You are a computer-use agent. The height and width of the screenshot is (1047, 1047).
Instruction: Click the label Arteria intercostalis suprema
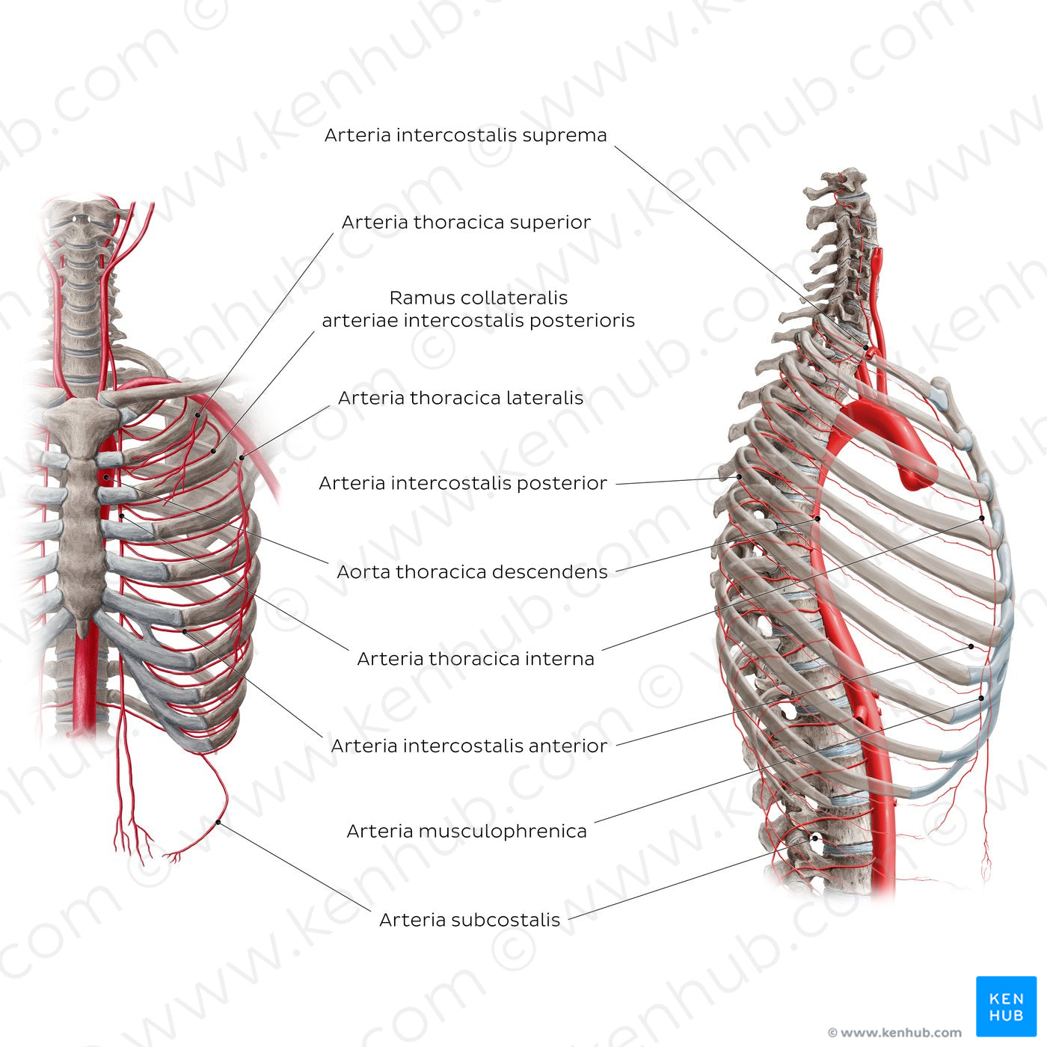pos(466,135)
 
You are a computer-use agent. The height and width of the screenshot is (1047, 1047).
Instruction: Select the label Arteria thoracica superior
pos(466,222)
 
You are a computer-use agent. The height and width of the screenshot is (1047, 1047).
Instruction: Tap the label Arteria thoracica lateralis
pos(461,398)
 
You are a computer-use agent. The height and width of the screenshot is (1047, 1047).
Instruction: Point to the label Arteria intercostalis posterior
pos(463,483)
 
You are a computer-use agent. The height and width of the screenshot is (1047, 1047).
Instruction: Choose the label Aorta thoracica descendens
pos(472,571)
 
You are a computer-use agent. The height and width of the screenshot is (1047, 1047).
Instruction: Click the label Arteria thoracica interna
pos(476,659)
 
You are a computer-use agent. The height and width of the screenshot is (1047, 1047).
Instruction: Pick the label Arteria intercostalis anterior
pos(469,746)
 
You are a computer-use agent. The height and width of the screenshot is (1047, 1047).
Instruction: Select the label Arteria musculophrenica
pos(467,832)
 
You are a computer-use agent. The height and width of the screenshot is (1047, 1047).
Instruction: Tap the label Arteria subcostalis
pos(470,920)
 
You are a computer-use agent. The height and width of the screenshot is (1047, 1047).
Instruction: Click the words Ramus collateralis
pos(479,298)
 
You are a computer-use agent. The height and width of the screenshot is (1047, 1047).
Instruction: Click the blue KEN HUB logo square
pos(1007,1007)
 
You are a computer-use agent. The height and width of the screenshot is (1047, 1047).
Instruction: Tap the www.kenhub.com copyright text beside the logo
pos(894,1032)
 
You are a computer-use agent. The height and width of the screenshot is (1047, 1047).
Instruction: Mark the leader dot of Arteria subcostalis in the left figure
pos(218,822)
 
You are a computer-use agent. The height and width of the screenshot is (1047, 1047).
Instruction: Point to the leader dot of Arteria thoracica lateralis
pos(242,458)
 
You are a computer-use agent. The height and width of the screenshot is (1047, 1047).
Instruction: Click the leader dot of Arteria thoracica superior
pos(198,415)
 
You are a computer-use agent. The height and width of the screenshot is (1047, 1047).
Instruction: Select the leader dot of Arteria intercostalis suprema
pos(866,348)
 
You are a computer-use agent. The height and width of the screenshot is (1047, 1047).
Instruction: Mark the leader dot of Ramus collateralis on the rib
pos(214,451)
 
